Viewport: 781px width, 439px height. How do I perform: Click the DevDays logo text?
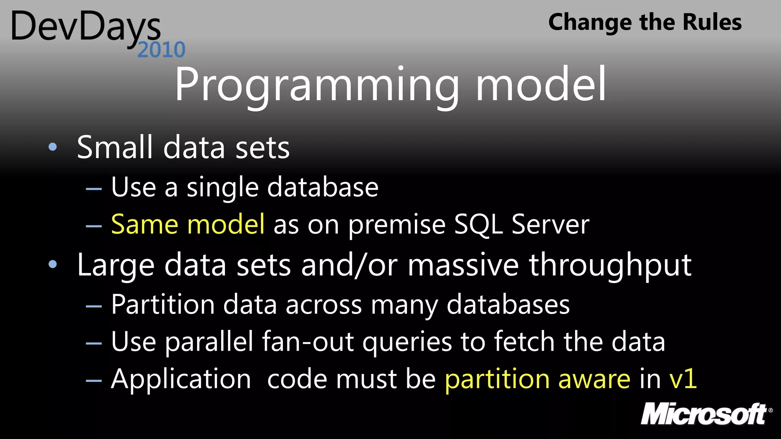pyautogui.click(x=86, y=27)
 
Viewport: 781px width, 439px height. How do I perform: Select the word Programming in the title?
pyautogui.click(x=317, y=85)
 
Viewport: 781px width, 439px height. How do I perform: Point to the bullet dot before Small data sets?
pyautogui.click(x=53, y=147)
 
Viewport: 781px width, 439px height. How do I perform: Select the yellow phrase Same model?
pyautogui.click(x=188, y=224)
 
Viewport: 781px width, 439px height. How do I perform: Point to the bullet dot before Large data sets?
pyautogui.click(x=53, y=264)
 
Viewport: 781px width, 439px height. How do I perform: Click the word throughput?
pyautogui.click(x=610, y=266)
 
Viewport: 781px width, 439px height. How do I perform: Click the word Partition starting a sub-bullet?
pyautogui.click(x=163, y=305)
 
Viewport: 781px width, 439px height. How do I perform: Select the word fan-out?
pyautogui.click(x=308, y=341)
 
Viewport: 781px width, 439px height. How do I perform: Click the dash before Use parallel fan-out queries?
pyautogui.click(x=94, y=343)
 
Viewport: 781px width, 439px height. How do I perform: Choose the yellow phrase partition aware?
pyautogui.click(x=537, y=380)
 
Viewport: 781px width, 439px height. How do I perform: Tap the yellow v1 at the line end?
pyautogui.click(x=683, y=379)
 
